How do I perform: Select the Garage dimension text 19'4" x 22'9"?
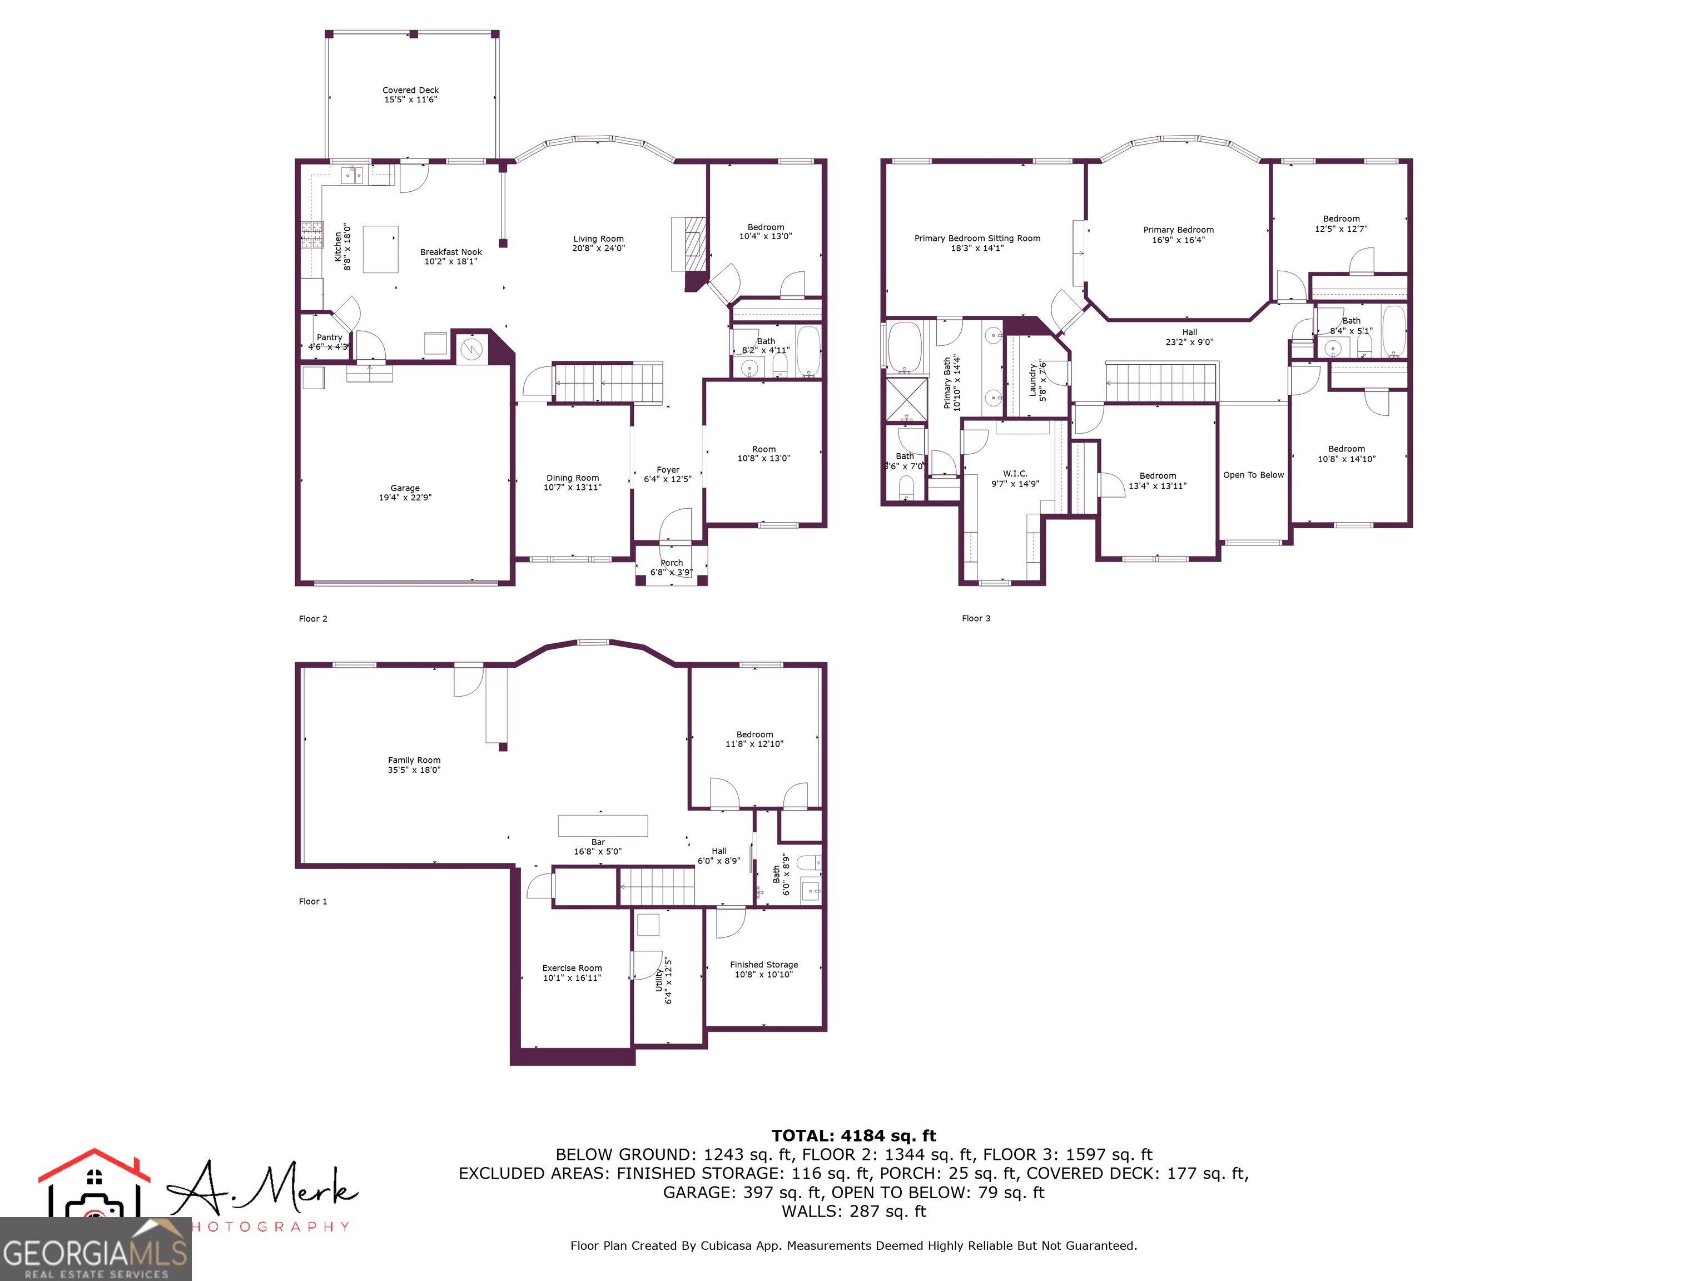point(405,498)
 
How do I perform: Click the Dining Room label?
point(572,478)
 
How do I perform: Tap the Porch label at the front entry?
point(671,563)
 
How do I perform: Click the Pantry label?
point(329,337)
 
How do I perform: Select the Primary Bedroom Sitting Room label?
point(977,239)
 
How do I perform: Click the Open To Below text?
point(1253,475)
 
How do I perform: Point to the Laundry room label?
point(1032,381)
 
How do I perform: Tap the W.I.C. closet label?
point(1015,473)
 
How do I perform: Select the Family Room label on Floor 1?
point(414,761)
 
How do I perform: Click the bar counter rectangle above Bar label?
point(602,826)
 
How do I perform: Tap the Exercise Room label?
point(572,969)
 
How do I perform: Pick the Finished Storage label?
point(764,965)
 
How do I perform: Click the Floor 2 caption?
point(312,618)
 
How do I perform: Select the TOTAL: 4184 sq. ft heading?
point(853,1136)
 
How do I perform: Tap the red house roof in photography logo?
point(94,1164)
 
